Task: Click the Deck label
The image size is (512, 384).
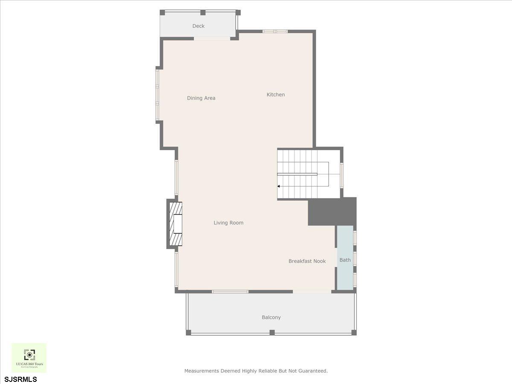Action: coord(198,26)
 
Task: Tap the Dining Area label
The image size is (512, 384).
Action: coord(201,98)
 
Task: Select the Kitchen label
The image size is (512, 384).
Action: coord(276,95)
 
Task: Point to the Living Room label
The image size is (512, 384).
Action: coord(228,223)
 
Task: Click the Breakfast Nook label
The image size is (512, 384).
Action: coord(307,261)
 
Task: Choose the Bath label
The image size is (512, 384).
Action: coord(345,260)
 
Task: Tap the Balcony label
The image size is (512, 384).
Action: coord(271,317)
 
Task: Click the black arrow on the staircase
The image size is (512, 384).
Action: coord(279,186)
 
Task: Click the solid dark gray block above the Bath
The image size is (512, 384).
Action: coord(332,212)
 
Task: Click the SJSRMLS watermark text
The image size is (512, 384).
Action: coord(21,379)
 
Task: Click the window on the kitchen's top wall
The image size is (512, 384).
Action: coord(275,31)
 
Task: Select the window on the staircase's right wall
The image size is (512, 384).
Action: coord(341,175)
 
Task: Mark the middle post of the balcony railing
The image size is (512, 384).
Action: coord(272,332)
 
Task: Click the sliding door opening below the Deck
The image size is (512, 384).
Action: coord(212,39)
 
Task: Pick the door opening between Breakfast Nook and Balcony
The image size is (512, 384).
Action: coord(311,291)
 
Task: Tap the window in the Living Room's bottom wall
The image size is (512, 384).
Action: coord(230,291)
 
